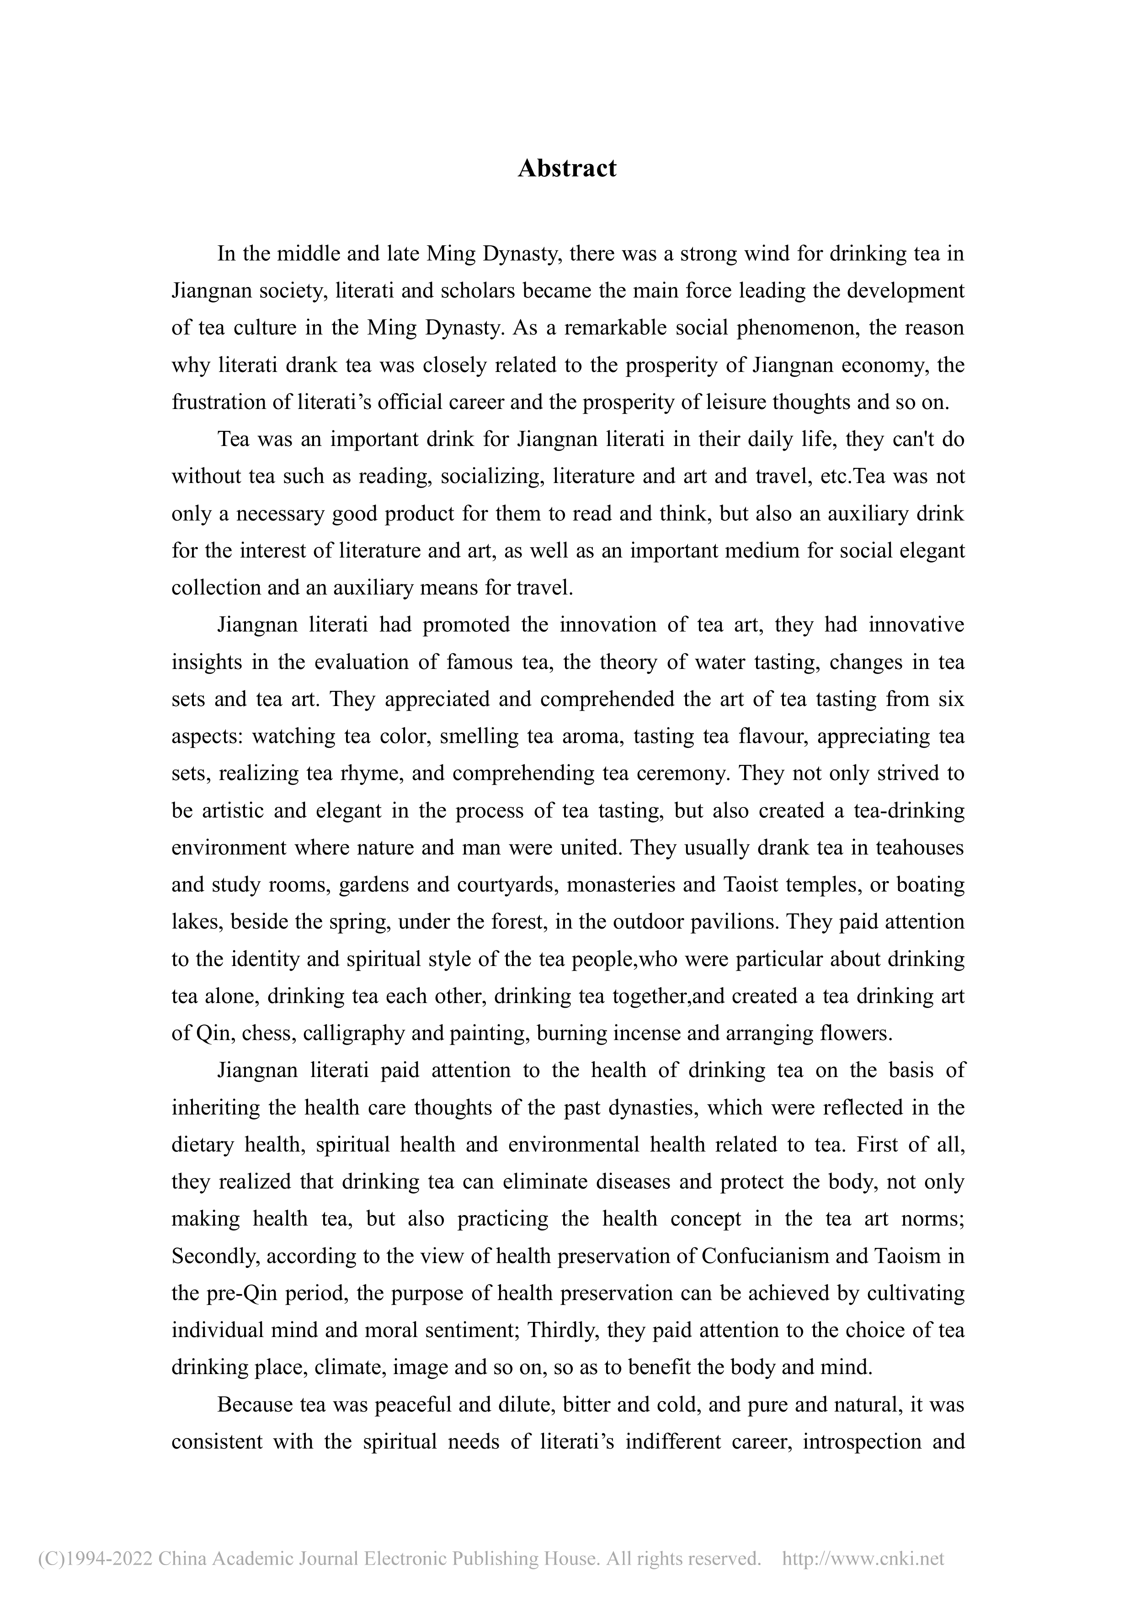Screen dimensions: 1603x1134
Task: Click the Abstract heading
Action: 566,168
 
